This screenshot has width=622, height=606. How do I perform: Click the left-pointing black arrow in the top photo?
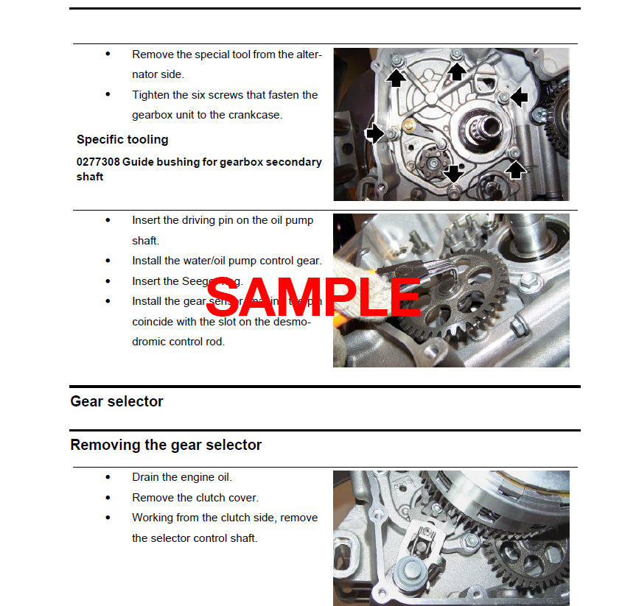click(520, 96)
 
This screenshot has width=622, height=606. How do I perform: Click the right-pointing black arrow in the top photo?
click(374, 133)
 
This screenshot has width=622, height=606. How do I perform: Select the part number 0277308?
click(99, 162)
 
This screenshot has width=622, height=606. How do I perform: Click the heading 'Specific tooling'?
click(122, 139)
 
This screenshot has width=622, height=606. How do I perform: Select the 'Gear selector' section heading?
click(116, 401)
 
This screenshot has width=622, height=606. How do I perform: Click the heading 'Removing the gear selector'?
click(166, 445)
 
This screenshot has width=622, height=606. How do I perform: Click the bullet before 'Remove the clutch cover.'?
click(108, 497)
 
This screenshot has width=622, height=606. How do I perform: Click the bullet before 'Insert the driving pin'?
click(108, 219)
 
